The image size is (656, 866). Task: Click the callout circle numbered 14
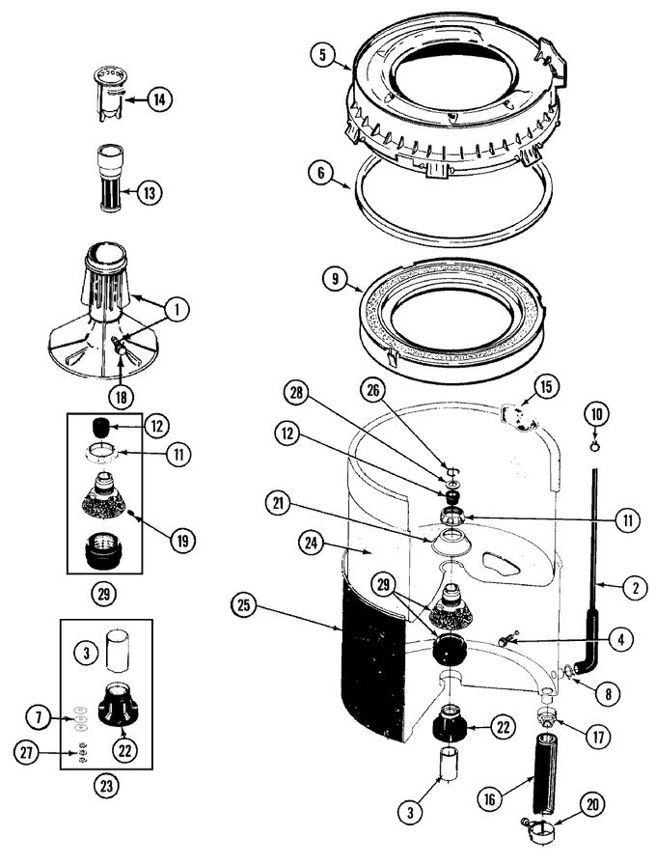(159, 98)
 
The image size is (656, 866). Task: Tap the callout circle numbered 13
(149, 192)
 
